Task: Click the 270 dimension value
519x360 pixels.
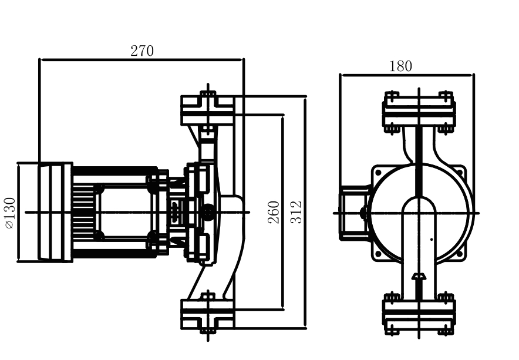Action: [x=142, y=51]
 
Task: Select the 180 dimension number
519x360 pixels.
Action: [x=400, y=66]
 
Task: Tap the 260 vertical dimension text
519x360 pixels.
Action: [x=274, y=212]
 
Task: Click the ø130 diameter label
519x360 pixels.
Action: [x=9, y=212]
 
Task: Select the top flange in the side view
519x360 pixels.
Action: [x=207, y=110]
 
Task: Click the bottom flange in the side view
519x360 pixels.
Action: [x=207, y=314]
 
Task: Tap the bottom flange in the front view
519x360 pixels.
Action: [x=419, y=312]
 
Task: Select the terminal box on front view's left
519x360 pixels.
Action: [x=353, y=212]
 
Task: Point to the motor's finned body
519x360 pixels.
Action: [x=112, y=212]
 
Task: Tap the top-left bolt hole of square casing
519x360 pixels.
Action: [x=378, y=173]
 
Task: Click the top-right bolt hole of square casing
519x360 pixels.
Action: [x=461, y=173]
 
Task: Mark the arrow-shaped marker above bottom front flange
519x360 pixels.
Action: [x=419, y=276]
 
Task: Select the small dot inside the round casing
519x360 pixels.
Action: [x=432, y=239]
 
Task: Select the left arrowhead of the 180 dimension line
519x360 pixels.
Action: [x=342, y=75]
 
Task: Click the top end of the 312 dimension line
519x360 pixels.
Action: [x=306, y=96]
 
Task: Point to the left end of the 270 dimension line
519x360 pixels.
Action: [x=40, y=59]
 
